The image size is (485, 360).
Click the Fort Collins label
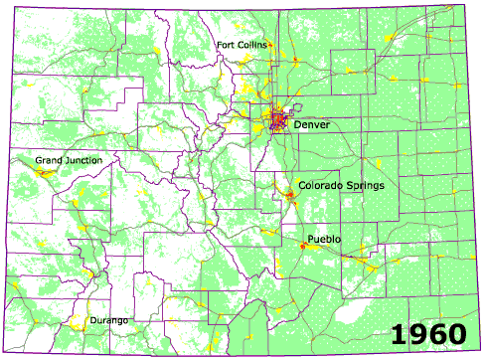point(242,44)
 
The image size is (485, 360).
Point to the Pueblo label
point(325,240)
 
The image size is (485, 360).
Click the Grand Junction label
point(66,160)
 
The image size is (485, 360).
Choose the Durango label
point(109,319)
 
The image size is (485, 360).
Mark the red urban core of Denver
point(278,121)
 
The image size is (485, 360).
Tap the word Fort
point(227,44)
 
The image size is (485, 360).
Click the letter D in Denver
point(298,125)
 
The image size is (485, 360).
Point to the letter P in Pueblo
point(311,240)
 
